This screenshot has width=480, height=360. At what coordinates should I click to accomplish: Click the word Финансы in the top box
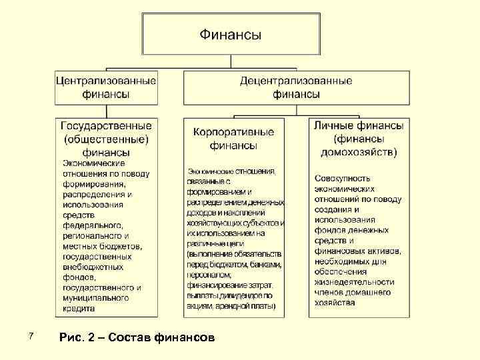[x=230, y=33]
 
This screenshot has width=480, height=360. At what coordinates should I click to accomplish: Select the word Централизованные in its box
[x=107, y=81]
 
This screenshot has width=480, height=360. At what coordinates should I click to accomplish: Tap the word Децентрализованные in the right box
[x=296, y=81]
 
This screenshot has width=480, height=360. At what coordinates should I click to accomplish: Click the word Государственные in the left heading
[x=107, y=126]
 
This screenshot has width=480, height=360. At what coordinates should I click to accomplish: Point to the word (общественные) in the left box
[x=107, y=139]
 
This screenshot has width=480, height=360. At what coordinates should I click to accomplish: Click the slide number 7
[x=23, y=335]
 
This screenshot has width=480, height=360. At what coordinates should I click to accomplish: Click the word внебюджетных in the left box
[x=93, y=267]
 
